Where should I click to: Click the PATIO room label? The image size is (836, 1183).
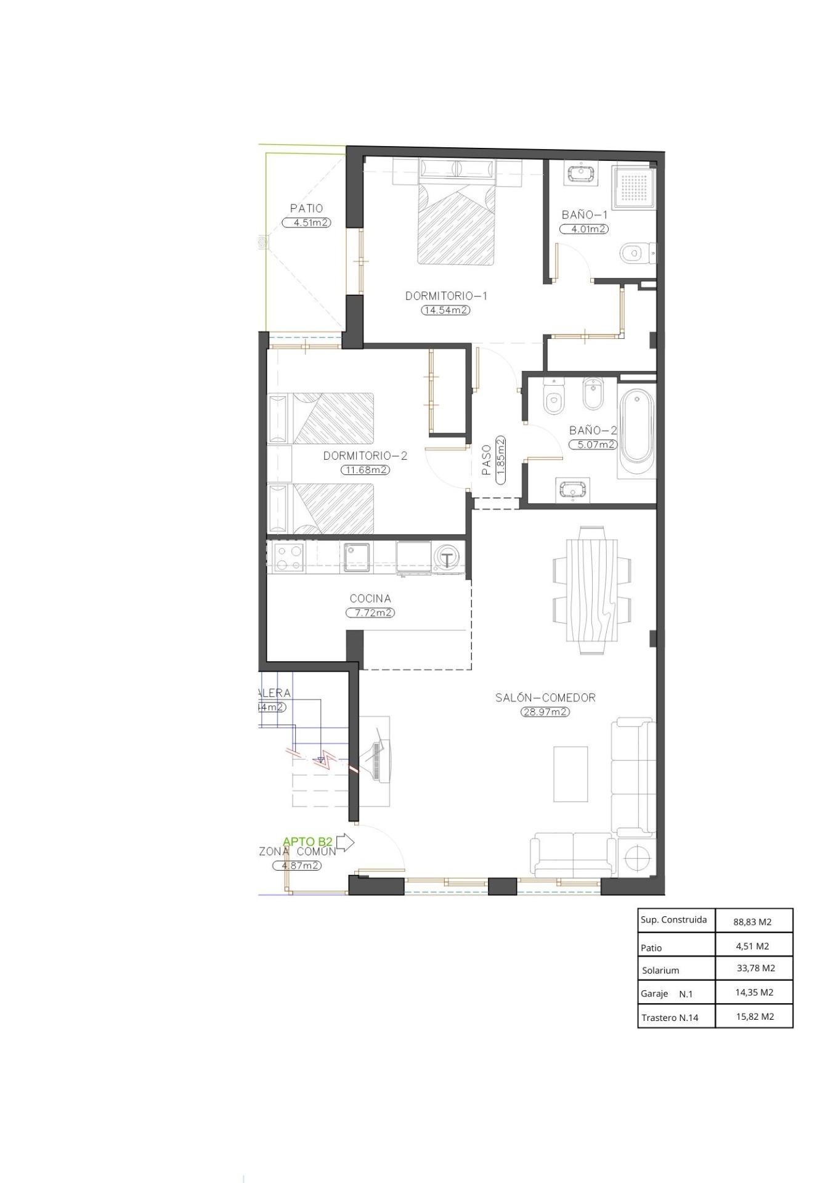306,208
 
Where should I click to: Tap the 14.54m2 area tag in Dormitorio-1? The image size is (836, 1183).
445,310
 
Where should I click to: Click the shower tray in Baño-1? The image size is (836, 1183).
631,186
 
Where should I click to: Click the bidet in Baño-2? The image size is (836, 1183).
592,394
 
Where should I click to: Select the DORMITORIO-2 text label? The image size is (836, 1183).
365,456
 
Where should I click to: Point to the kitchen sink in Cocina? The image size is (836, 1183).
356,556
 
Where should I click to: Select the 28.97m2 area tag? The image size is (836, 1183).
545,712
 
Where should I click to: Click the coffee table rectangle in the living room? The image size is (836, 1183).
570,774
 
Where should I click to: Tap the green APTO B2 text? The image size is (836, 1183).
307,841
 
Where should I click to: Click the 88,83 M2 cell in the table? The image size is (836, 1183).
752,922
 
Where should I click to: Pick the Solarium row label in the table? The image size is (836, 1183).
660,970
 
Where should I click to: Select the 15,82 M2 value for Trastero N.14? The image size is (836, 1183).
755,1017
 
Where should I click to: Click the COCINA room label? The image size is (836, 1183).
370,598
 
